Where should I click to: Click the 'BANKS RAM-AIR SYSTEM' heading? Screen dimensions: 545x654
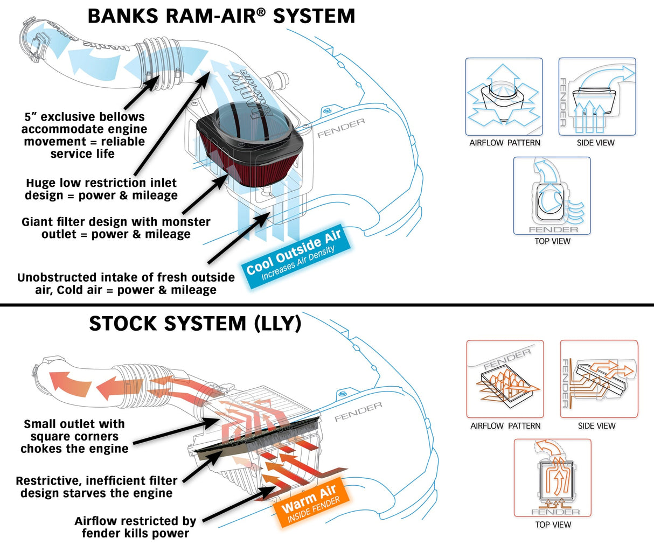click(221, 16)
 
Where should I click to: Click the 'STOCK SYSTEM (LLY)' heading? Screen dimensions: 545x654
click(194, 323)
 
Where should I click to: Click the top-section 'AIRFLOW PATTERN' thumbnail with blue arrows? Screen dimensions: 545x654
click(504, 97)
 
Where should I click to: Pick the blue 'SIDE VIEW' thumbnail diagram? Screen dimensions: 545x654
click(597, 97)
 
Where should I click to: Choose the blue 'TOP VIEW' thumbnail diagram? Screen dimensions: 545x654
click(552, 196)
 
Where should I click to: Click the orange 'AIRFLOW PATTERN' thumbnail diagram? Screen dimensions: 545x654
click(505, 379)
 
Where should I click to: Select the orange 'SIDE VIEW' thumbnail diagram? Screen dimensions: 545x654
click(599, 379)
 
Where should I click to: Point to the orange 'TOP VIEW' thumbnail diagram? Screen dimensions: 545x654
click(552, 478)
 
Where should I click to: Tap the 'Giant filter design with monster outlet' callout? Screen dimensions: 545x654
click(116, 228)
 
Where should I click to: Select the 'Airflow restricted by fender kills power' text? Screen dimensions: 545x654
click(135, 527)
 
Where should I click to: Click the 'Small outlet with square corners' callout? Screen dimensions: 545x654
click(74, 436)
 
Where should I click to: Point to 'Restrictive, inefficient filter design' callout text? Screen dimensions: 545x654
click(96, 487)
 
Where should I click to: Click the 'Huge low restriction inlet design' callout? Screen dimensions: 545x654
click(101, 189)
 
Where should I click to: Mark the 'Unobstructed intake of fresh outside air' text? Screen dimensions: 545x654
click(126, 284)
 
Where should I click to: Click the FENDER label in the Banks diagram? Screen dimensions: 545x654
click(341, 128)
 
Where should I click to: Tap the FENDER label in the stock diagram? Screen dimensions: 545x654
click(358, 411)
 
